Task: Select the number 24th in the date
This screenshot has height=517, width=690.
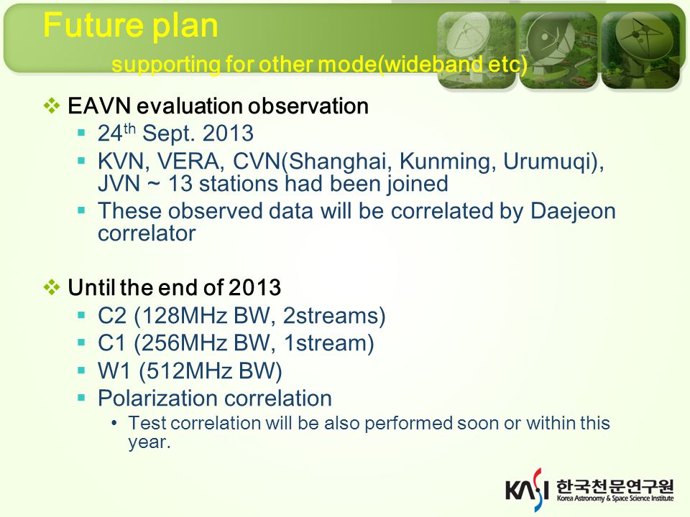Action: click(x=116, y=133)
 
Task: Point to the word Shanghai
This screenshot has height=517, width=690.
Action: click(x=338, y=162)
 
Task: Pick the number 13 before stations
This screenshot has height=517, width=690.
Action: click(x=180, y=184)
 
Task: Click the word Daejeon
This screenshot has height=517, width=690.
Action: click(x=573, y=211)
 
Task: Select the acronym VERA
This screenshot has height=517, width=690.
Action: click(x=188, y=162)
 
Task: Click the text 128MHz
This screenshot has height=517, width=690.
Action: click(x=183, y=316)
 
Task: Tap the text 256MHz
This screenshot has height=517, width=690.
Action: click(x=183, y=343)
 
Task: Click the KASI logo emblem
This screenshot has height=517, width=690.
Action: click(x=527, y=490)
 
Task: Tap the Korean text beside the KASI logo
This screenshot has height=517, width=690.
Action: click(x=615, y=487)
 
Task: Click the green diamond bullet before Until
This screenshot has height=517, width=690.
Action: click(x=52, y=287)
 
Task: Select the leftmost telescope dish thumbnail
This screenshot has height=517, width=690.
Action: click(x=477, y=50)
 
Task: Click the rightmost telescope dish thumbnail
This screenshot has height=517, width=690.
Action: click(x=640, y=50)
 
